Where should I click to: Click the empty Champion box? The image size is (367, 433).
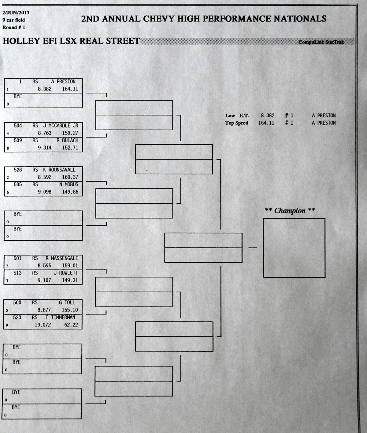click(x=294, y=248)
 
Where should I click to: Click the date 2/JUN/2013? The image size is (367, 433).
click(x=16, y=13)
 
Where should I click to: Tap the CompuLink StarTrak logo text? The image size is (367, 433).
click(x=321, y=42)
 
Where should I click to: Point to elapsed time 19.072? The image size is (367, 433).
click(x=43, y=325)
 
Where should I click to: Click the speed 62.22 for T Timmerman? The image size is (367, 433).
click(x=71, y=325)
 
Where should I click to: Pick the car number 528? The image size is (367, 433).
click(x=18, y=170)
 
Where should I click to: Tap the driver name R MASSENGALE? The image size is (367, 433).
click(x=62, y=258)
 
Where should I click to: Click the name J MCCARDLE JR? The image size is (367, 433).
click(x=61, y=126)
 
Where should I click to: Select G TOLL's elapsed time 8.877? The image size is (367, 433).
click(x=44, y=310)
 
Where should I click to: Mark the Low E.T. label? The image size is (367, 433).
click(x=237, y=116)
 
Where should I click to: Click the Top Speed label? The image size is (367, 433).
click(x=237, y=123)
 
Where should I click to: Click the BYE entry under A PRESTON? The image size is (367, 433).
click(x=18, y=96)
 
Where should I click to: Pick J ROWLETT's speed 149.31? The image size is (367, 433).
click(x=70, y=280)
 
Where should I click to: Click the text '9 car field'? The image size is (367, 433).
click(x=14, y=20)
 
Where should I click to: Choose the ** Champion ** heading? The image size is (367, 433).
click(x=290, y=210)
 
